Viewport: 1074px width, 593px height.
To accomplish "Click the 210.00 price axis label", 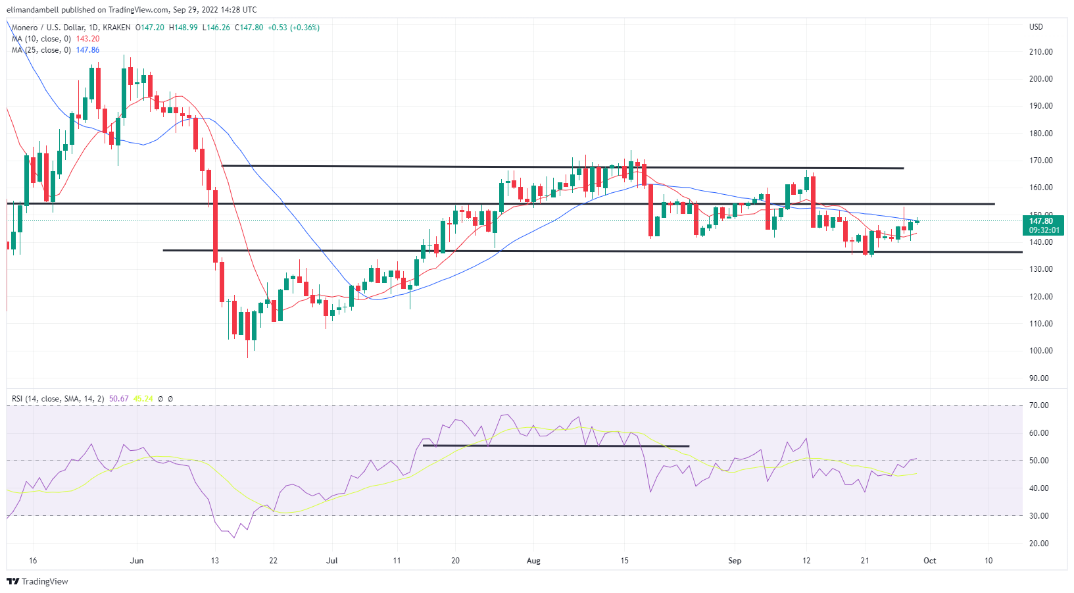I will (x=1040, y=51).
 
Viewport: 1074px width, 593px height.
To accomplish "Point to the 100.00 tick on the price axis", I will (x=1040, y=351).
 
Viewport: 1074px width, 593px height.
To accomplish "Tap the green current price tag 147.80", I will (x=1044, y=225).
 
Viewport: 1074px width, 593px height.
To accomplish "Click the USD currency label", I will (x=1036, y=27).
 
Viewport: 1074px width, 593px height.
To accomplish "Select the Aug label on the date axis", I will (x=533, y=561).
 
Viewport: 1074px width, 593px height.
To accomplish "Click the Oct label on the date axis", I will (x=929, y=561).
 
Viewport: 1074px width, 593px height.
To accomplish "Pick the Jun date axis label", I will (x=136, y=561).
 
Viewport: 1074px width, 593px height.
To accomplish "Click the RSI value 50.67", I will (x=118, y=399).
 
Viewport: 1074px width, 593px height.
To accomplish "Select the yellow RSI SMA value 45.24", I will (x=143, y=399).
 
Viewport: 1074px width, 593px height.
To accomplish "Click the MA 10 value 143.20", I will (x=87, y=39).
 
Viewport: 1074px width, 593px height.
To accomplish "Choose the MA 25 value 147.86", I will (x=87, y=50).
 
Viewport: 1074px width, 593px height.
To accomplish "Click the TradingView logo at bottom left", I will (x=37, y=581).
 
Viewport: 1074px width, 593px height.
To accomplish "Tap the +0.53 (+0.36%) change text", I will (x=293, y=28).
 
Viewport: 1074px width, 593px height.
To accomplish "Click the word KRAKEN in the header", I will (x=116, y=28).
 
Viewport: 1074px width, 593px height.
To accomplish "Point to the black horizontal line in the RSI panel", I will (x=556, y=446).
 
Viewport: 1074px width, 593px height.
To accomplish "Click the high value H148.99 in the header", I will (x=183, y=28).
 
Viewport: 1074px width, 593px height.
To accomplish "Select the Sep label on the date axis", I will (x=735, y=561).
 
